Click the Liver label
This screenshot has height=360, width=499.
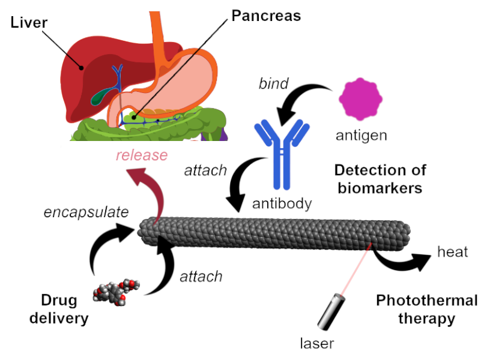[29, 23]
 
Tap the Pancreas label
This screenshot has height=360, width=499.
[266, 16]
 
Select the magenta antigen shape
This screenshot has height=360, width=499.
[360, 99]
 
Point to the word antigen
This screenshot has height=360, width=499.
[361, 136]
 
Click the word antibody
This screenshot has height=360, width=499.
[282, 203]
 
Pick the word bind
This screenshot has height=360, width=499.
[273, 83]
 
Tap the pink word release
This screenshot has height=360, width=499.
[142, 155]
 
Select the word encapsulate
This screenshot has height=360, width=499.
[86, 212]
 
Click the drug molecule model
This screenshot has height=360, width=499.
[116, 292]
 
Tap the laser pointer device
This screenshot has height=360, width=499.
[331, 312]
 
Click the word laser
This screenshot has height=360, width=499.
[317, 343]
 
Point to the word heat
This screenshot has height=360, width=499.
[453, 252]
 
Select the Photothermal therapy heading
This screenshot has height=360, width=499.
[427, 310]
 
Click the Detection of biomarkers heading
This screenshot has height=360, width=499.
[380, 179]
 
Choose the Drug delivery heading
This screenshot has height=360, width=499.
[59, 309]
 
